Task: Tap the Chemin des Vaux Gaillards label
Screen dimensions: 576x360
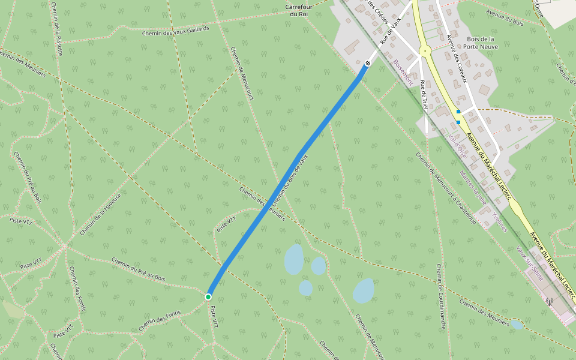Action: coord(176,31)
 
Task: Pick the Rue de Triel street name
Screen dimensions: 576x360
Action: coord(424,95)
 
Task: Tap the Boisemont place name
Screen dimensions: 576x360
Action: coord(403,72)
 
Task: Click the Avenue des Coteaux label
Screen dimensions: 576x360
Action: coord(456,56)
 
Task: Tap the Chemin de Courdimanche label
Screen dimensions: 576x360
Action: coord(441,296)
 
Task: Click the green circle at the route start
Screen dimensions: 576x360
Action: coord(208,296)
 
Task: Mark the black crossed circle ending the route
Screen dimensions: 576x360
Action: coord(368,63)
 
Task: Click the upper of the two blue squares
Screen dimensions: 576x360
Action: coord(458,112)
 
